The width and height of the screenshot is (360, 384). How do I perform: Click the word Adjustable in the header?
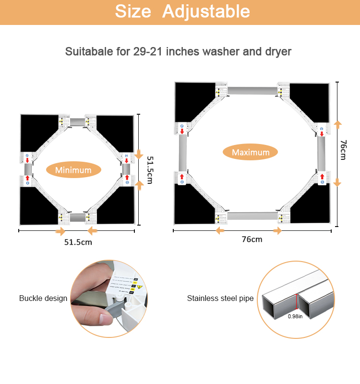pyautogui.click(x=206, y=12)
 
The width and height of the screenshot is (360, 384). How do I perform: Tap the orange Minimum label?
pyautogui.click(x=73, y=170)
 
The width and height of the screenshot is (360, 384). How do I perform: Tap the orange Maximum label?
pyautogui.click(x=251, y=153)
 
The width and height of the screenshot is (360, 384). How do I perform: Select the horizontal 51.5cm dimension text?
pyautogui.click(x=78, y=242)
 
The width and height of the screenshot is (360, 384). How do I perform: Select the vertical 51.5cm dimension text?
pyautogui.click(x=149, y=169)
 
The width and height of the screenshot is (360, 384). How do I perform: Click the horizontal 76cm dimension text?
pyautogui.click(x=252, y=239)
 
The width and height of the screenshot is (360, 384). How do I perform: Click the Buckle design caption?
pyautogui.click(x=43, y=298)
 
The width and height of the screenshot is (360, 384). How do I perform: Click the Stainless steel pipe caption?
pyautogui.click(x=220, y=299)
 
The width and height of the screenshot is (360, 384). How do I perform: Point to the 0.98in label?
pyautogui.click(x=295, y=316)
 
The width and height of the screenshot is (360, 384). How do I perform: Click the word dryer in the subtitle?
pyautogui.click(x=277, y=51)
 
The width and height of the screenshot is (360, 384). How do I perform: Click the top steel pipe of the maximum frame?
pyautogui.click(x=252, y=90)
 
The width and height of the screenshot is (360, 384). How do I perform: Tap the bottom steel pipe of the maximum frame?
pyautogui.click(x=252, y=216)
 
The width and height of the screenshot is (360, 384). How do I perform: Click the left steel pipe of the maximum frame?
pyautogui.click(x=183, y=153)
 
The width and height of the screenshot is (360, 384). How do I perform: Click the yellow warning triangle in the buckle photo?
pyautogui.click(x=140, y=287)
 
